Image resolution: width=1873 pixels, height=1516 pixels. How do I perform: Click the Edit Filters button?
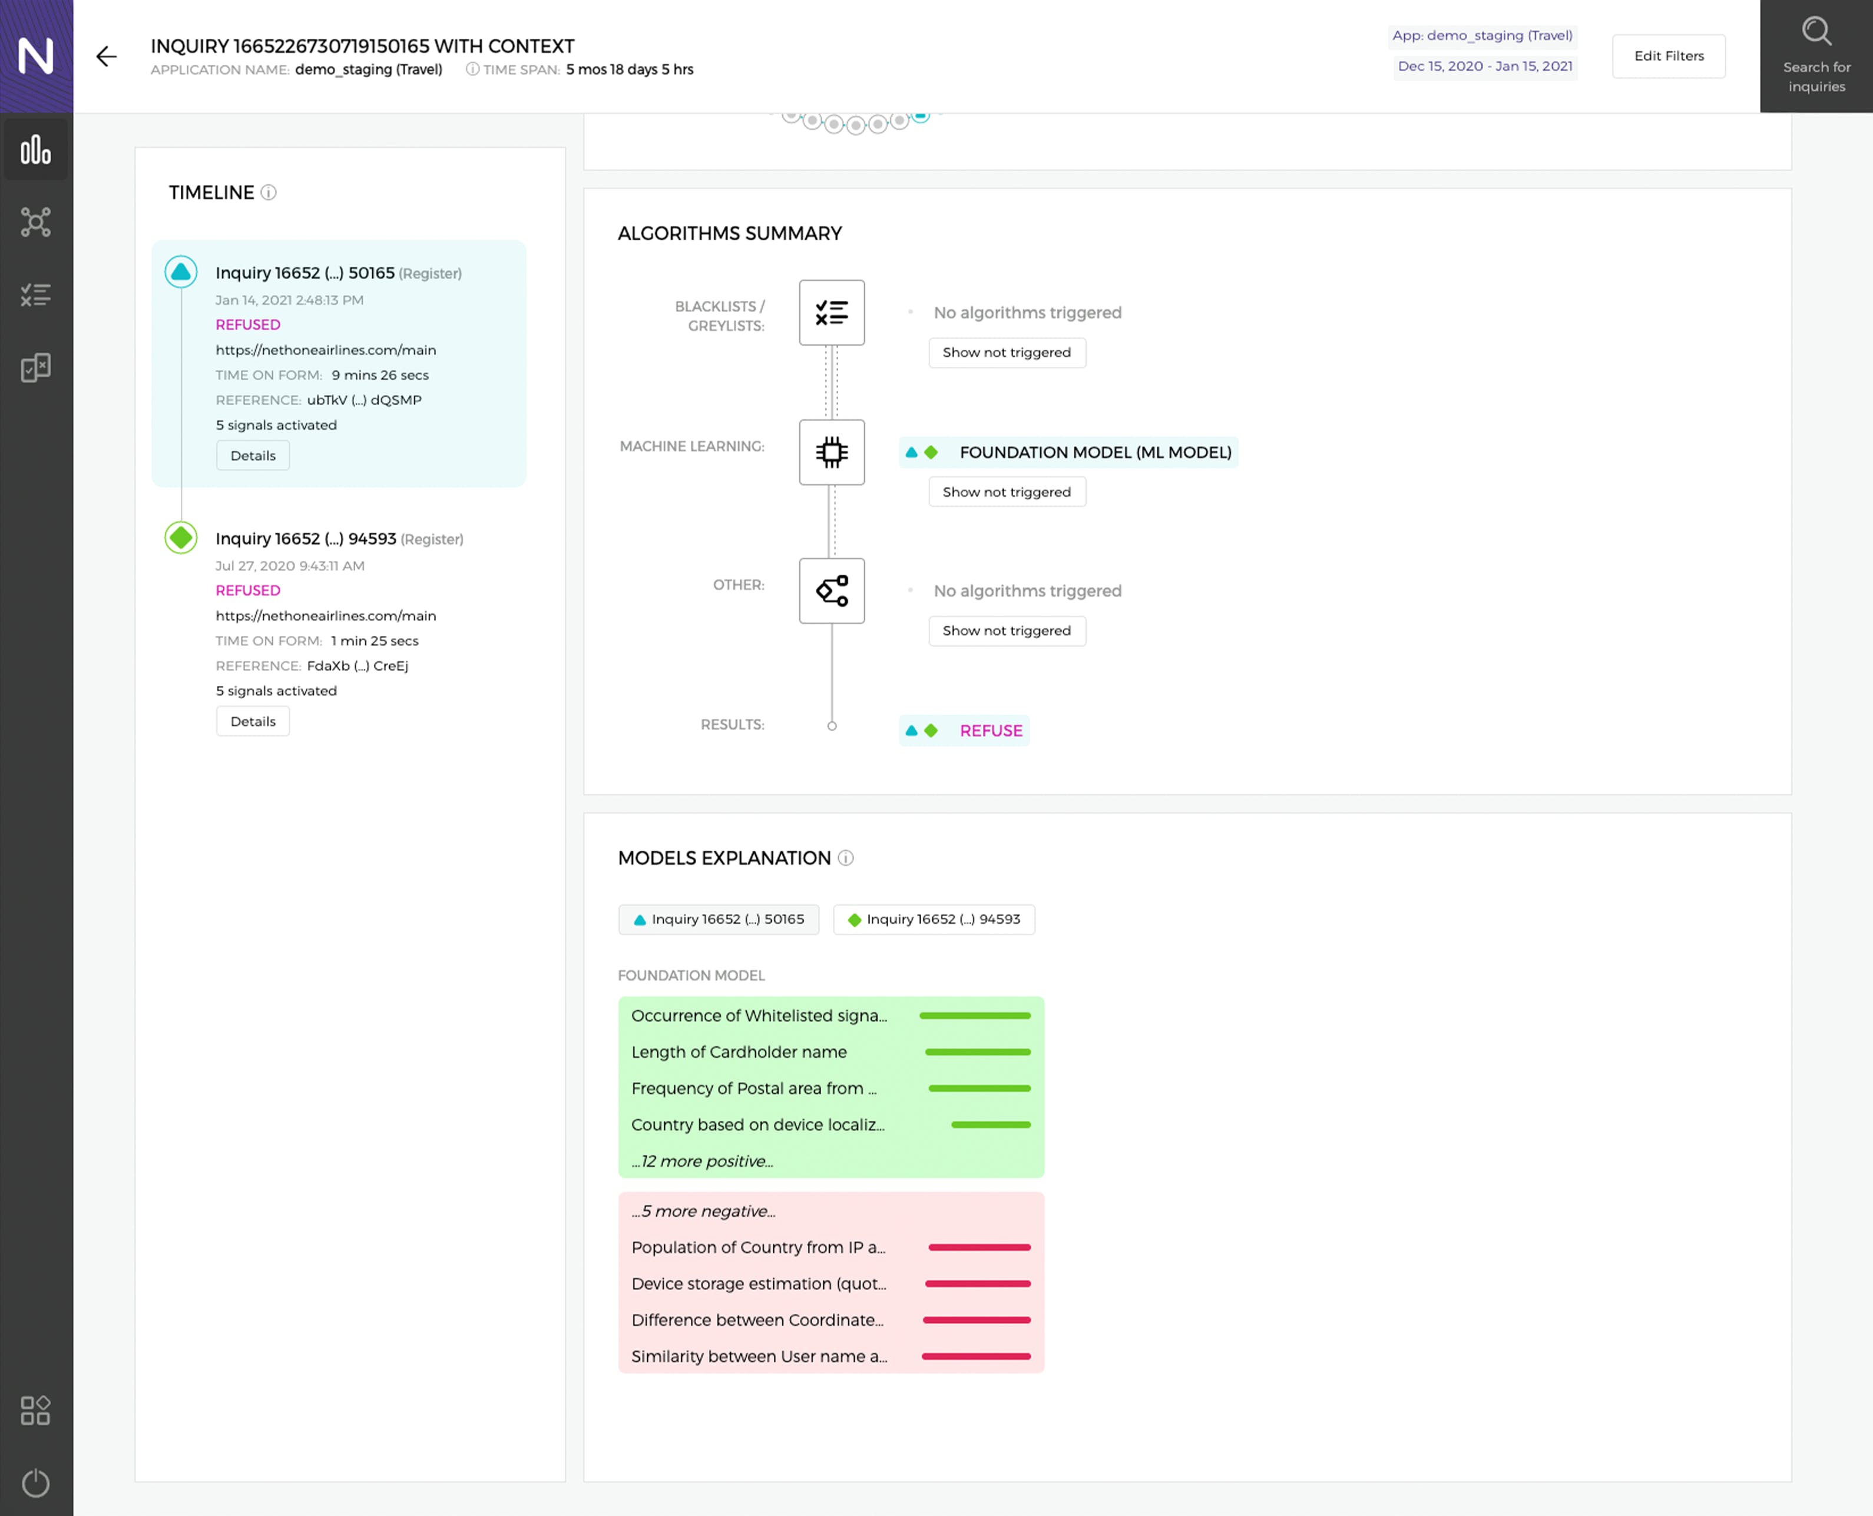[x=1669, y=56]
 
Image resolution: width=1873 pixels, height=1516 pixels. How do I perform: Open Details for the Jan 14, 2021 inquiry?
[x=253, y=455]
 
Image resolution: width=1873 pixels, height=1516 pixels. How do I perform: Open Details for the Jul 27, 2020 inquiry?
[x=253, y=721]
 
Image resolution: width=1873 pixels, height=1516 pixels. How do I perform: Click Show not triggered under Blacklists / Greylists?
[x=1007, y=352]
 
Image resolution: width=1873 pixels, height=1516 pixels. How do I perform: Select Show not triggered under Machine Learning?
[x=1007, y=492]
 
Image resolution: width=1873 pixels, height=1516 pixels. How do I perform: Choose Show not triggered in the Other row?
[x=1007, y=631]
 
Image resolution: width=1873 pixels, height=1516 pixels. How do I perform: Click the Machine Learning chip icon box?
[x=832, y=452]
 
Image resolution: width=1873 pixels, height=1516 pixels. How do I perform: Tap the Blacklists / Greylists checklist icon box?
[x=832, y=313]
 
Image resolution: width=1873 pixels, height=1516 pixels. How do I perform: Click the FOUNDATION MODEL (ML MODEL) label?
[x=1096, y=452]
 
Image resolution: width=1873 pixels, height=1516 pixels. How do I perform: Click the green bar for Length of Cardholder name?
[x=978, y=1052]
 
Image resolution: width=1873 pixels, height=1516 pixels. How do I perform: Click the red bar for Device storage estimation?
[x=978, y=1283]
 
